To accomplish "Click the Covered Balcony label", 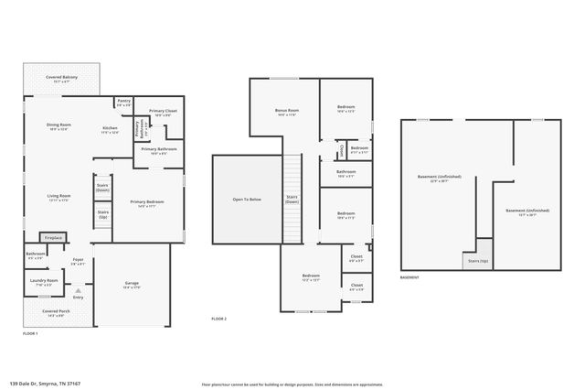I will tap(62, 79).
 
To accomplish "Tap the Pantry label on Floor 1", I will tap(124, 102).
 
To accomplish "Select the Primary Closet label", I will tap(163, 113).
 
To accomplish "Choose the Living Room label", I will tap(59, 196).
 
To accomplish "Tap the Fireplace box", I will tap(54, 238).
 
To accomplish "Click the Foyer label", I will tap(78, 261).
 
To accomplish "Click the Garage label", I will tap(132, 284).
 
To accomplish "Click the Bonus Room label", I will tap(286, 113).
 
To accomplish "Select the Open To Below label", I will tap(247, 200).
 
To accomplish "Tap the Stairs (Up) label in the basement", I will tap(477, 261).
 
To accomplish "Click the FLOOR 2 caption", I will tap(218, 319).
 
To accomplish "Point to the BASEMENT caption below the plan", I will tap(409, 277).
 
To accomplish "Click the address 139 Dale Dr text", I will tap(43, 383).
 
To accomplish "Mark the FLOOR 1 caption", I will tap(30, 334).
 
